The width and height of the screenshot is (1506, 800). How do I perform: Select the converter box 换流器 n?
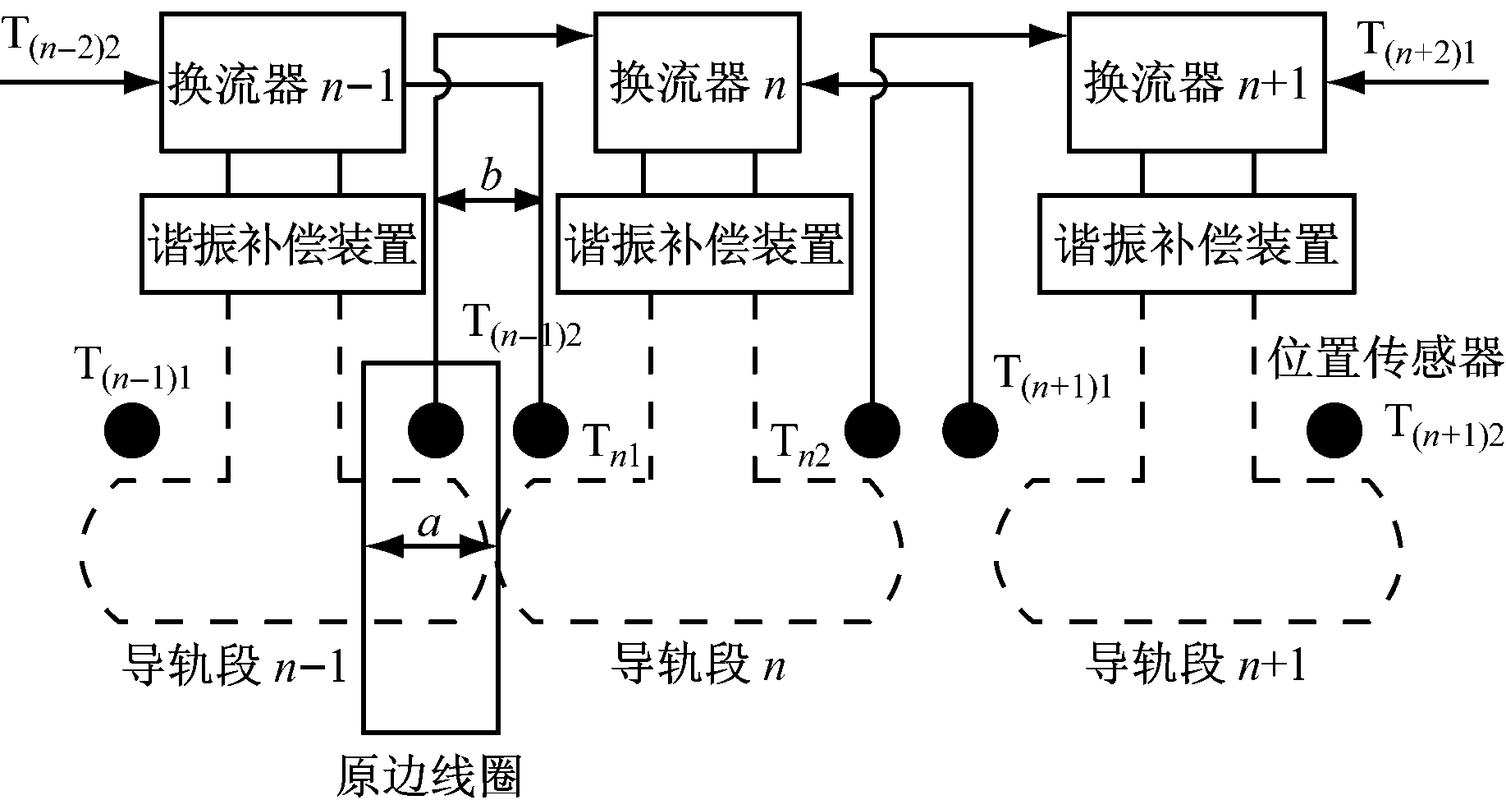698,82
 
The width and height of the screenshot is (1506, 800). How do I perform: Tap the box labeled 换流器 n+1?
1197,82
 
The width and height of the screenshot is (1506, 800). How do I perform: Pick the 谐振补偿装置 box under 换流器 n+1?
1197,243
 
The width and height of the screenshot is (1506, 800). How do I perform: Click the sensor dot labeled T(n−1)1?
132,430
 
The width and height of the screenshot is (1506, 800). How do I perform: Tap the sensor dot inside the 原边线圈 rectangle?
437,430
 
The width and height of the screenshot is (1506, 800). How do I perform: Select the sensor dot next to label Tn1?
540,430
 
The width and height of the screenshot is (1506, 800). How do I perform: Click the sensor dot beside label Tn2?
872,430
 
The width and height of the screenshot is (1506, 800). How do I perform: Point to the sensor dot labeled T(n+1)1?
970,430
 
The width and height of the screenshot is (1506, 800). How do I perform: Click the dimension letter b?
491,175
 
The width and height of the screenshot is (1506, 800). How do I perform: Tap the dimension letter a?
429,523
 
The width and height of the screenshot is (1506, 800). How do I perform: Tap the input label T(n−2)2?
62,39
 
